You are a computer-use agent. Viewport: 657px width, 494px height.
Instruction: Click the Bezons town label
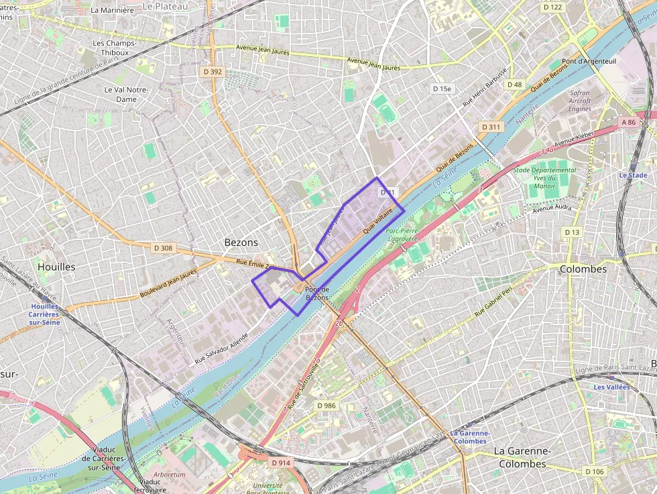(241, 242)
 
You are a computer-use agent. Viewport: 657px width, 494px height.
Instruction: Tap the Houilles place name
(56, 266)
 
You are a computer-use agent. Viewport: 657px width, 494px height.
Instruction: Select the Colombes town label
(583, 269)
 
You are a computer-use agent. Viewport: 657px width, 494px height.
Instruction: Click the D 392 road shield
(213, 71)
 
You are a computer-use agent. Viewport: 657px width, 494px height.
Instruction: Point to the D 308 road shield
(163, 248)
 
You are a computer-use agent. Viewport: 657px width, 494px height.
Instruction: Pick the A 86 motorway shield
(628, 122)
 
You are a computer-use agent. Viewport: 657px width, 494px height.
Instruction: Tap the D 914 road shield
(281, 462)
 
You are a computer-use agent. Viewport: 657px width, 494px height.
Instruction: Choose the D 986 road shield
(326, 406)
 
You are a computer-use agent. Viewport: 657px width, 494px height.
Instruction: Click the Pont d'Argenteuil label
(589, 61)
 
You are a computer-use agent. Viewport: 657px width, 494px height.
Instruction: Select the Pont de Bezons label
(317, 293)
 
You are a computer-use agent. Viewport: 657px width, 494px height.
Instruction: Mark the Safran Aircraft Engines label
(580, 101)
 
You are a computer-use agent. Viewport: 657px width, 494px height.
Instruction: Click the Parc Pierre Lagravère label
(402, 234)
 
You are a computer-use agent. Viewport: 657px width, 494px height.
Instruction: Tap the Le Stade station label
(633, 175)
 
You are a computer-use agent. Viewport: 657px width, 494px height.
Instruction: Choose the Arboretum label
(169, 475)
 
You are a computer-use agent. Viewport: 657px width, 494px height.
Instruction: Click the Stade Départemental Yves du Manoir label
(544, 178)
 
